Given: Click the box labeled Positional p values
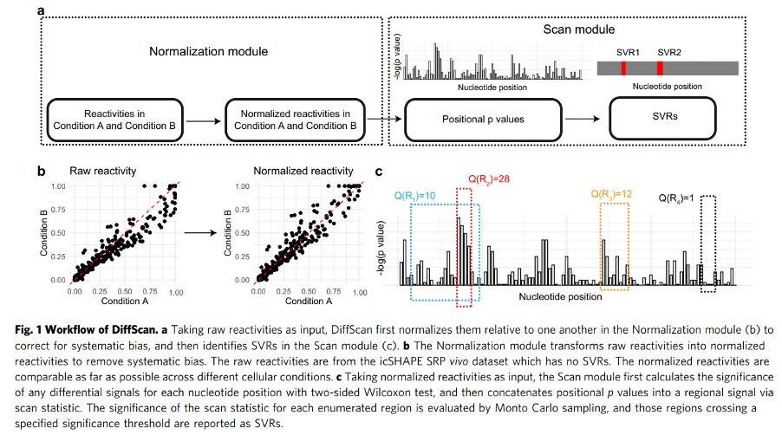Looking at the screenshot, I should tap(483, 120).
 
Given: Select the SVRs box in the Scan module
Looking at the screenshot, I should tap(663, 120).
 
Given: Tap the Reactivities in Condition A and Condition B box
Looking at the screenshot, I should tap(112, 120).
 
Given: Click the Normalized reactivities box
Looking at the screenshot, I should tap(295, 120).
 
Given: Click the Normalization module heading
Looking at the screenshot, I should tap(209, 52).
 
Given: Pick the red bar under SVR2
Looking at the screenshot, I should tap(660, 68).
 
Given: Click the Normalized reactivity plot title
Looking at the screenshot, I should tap(303, 171).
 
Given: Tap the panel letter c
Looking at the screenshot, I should tap(379, 171).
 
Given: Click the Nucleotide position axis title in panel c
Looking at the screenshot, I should tap(560, 297).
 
